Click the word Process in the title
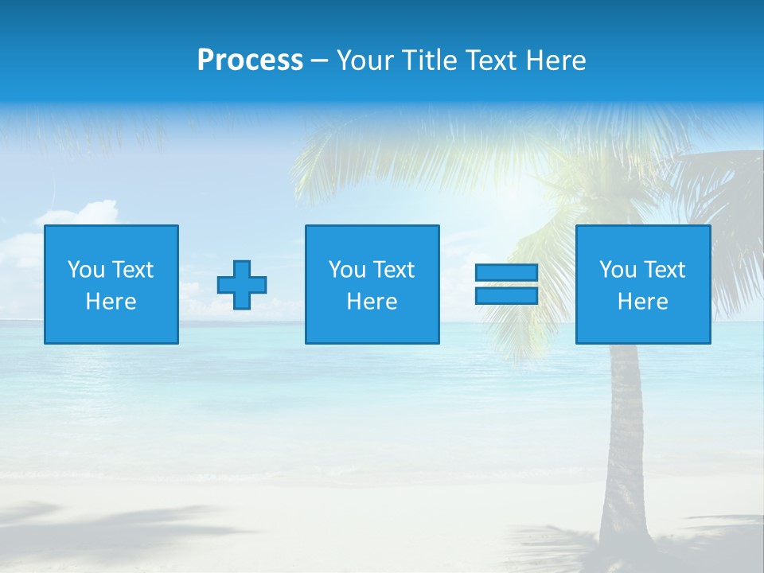click(250, 60)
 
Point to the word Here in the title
click(556, 60)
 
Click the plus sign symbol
click(242, 285)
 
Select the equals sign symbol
click(506, 284)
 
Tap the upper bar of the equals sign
click(506, 273)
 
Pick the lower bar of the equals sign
click(506, 295)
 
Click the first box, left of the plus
click(111, 284)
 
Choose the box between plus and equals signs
click(372, 284)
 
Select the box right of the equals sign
click(643, 284)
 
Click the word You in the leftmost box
click(86, 270)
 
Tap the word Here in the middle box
click(372, 302)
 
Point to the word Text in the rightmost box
click(664, 270)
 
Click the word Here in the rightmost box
click(643, 302)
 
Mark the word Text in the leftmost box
click(132, 270)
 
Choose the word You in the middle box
click(347, 270)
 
